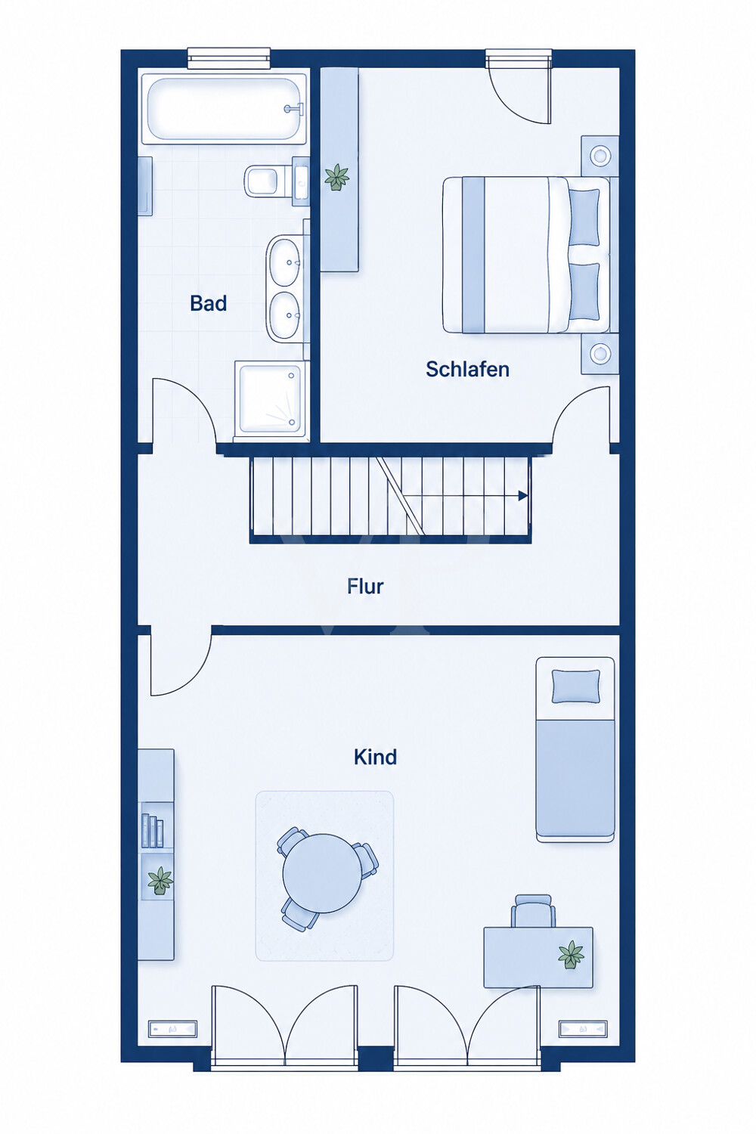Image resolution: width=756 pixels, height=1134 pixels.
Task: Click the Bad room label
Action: (208, 303)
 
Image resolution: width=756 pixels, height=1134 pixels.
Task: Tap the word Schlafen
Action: (467, 369)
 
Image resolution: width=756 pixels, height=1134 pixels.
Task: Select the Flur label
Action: (365, 586)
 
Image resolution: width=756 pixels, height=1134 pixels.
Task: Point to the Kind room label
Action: (375, 758)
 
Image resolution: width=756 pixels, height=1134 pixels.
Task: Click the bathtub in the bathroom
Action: (224, 108)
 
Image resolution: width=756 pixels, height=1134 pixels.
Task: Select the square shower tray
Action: (271, 399)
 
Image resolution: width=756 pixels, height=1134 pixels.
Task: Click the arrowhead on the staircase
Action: (523, 496)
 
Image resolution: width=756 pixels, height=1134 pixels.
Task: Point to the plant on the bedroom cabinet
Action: (336, 177)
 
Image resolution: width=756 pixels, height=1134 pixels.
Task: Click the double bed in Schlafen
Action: (530, 255)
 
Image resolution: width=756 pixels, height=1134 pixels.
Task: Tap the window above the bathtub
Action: (228, 58)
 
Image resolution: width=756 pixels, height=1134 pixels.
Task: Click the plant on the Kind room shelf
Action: (160, 881)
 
